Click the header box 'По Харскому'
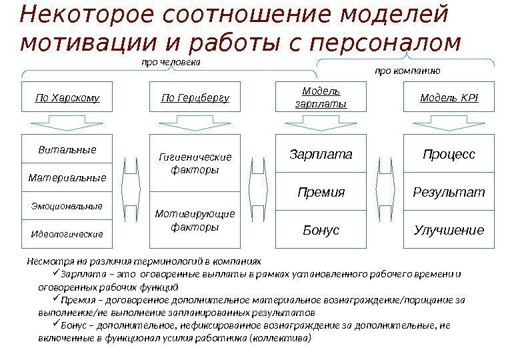67,98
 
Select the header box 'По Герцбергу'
195,98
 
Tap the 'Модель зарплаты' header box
321,98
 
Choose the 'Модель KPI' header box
449,98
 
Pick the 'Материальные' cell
67,178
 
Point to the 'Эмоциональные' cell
67,207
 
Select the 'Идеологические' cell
67,234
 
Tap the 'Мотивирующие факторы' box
195,221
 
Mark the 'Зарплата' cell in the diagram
321,155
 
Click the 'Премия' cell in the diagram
321,193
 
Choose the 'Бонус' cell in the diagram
321,230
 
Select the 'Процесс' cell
449,155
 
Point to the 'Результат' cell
449,193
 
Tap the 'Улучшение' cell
449,230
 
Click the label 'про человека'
169,63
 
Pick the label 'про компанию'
407,69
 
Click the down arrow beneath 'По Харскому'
67,122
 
